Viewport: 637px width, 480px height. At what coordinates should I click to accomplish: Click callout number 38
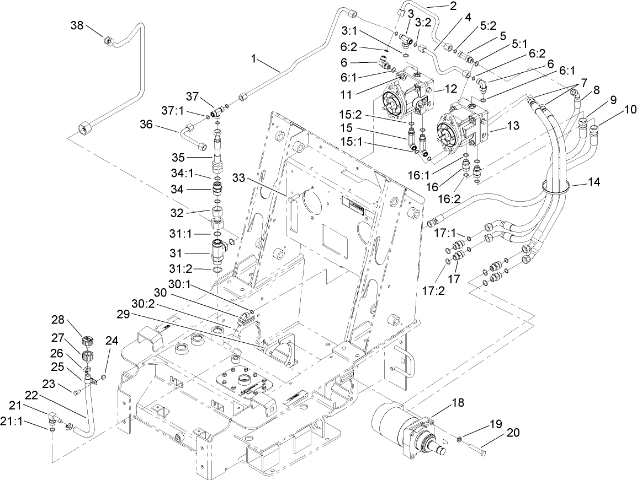(77, 25)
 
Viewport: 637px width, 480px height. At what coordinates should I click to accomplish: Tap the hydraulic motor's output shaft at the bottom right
(443, 450)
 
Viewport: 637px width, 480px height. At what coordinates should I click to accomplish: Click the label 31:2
(181, 268)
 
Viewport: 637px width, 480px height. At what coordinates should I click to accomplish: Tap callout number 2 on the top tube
(453, 6)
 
